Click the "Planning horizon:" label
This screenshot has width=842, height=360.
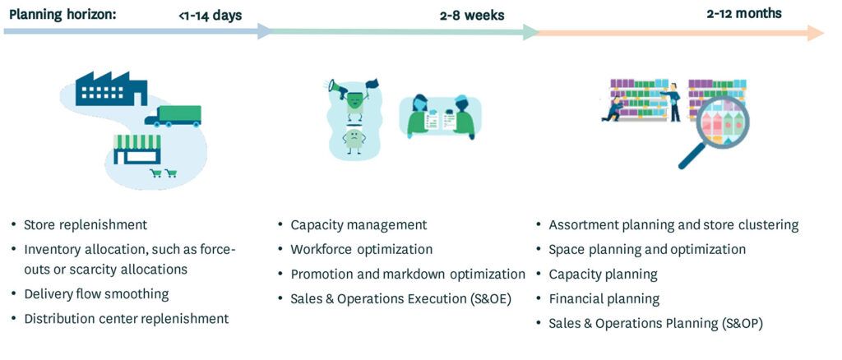(62, 14)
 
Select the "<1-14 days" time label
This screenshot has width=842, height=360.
(210, 16)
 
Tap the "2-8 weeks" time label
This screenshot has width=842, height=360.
(472, 15)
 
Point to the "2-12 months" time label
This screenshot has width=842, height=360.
(743, 13)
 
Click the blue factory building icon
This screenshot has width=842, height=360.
(111, 89)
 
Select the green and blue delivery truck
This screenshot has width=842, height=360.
(173, 116)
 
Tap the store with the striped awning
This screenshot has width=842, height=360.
(137, 149)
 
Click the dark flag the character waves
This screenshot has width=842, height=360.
(372, 84)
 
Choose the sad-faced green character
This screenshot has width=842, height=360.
(354, 141)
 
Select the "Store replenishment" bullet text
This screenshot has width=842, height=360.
(86, 224)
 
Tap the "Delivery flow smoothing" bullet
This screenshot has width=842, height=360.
(96, 294)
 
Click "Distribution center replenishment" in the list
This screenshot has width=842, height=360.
(126, 318)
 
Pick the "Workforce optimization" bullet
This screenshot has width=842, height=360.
(362, 250)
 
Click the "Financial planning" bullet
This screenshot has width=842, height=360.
(604, 298)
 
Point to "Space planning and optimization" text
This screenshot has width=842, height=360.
(647, 250)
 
